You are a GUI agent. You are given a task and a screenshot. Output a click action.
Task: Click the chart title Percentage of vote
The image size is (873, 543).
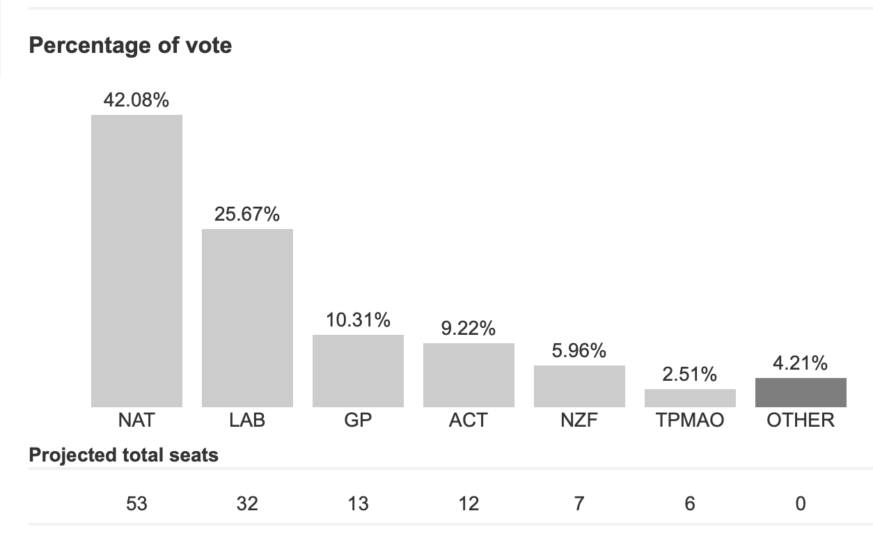pos(130,46)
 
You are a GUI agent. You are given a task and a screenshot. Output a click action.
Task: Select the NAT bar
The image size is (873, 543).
pos(136,261)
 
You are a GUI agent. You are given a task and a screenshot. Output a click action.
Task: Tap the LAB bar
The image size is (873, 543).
pos(247,318)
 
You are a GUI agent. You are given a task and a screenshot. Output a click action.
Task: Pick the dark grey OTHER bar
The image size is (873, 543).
pos(801,393)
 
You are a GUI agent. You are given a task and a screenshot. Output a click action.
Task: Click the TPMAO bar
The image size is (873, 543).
pos(690,398)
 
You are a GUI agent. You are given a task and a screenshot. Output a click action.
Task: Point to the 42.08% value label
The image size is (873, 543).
pos(136,100)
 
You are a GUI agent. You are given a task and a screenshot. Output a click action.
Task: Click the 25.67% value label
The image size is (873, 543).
pos(247,214)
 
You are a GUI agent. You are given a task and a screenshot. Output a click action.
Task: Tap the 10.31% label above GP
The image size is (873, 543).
pos(358,320)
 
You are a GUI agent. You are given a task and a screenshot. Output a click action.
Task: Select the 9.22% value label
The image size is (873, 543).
pos(469,329)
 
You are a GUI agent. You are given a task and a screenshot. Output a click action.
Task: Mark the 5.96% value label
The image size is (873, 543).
pos(579,351)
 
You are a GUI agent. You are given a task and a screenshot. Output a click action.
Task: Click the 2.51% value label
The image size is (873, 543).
pos(690,375)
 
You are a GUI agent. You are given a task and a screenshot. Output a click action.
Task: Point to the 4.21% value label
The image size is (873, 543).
pos(801,363)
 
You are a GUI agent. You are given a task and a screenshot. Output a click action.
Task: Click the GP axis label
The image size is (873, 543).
pos(358,420)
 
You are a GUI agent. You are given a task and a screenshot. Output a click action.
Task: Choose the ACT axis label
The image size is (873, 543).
pos(469,420)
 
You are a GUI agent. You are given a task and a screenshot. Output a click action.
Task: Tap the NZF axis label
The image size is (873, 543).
pos(579,420)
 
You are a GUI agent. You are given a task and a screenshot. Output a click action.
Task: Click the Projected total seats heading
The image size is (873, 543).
pos(124,455)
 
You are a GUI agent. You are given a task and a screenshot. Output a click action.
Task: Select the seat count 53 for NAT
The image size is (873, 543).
pos(136,503)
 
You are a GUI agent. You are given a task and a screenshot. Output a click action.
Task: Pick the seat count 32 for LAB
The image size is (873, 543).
pos(247,503)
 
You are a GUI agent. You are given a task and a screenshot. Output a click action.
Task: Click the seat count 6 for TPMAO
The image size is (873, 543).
pos(690,503)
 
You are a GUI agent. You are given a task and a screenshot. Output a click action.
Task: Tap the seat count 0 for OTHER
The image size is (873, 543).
pos(801,503)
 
